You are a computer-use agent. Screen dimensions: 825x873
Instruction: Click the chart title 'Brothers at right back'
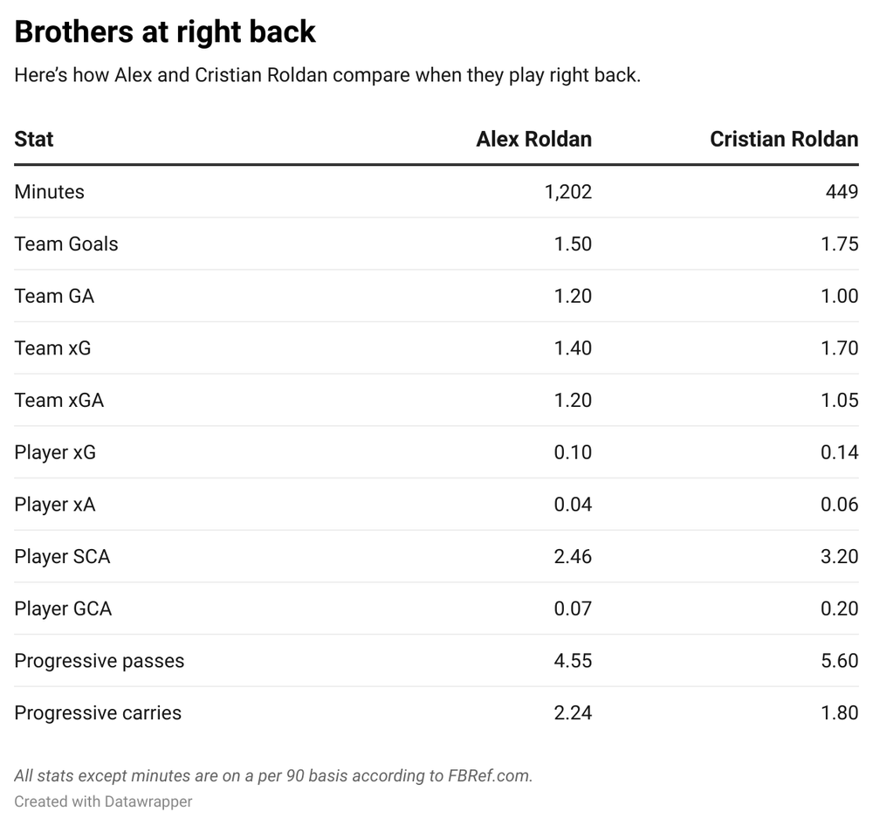pos(165,32)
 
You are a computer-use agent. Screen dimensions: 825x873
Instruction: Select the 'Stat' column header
pos(34,140)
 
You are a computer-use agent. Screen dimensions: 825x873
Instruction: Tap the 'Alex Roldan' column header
pos(533,140)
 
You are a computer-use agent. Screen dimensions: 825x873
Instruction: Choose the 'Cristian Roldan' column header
pos(783,140)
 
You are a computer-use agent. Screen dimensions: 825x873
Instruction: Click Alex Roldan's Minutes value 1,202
pos(567,192)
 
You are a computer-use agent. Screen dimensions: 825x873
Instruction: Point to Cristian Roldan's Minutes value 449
pos(842,192)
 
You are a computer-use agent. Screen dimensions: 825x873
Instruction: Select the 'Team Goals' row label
pos(66,244)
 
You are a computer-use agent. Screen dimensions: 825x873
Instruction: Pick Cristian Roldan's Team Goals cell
pos(840,244)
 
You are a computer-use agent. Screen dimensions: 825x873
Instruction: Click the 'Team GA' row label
pos(54,296)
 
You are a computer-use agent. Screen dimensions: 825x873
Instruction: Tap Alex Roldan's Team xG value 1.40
pos(573,348)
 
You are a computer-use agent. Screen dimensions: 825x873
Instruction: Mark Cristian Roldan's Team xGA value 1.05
pos(840,401)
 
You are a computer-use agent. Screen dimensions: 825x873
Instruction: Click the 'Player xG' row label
pos(55,452)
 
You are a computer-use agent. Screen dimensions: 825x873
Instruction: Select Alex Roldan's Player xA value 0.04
pos(573,505)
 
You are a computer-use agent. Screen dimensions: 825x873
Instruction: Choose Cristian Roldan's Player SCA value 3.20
pos(840,557)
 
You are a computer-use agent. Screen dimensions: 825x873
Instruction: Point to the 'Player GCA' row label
pos(63,608)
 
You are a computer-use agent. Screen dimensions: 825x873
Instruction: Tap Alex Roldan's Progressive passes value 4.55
pos(573,661)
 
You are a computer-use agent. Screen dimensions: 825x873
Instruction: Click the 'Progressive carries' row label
pos(98,713)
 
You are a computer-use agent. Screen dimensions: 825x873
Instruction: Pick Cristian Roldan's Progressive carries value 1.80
pos(840,713)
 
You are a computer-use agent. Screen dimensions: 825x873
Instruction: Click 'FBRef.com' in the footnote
pos(489,775)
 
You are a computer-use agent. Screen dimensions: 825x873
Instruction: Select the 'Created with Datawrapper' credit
pos(103,801)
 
